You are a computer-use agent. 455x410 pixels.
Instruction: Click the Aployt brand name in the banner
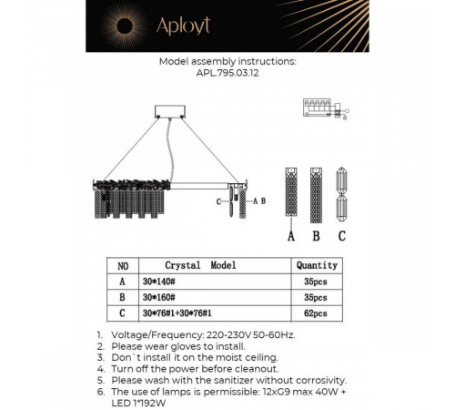click(183, 26)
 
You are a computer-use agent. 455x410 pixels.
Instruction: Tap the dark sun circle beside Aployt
click(124, 26)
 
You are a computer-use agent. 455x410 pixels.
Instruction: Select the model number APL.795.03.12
click(227, 73)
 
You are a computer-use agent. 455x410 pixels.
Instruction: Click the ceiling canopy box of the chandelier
click(170, 111)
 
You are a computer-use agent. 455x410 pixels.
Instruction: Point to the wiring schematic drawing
click(326, 108)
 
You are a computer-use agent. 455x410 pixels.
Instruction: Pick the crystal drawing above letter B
click(316, 195)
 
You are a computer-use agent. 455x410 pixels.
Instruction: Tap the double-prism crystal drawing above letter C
click(341, 194)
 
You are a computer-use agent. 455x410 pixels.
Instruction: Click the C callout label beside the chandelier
click(218, 201)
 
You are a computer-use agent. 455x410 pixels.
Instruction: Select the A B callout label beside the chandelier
click(259, 200)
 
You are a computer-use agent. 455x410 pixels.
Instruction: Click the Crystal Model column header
click(200, 265)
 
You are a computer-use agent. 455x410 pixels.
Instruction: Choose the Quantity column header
click(317, 265)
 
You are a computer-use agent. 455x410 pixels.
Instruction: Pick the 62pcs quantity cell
click(317, 313)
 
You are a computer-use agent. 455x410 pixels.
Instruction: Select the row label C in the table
click(122, 313)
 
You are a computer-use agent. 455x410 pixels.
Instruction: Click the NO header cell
click(123, 266)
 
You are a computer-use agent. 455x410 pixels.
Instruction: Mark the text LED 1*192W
click(138, 404)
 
